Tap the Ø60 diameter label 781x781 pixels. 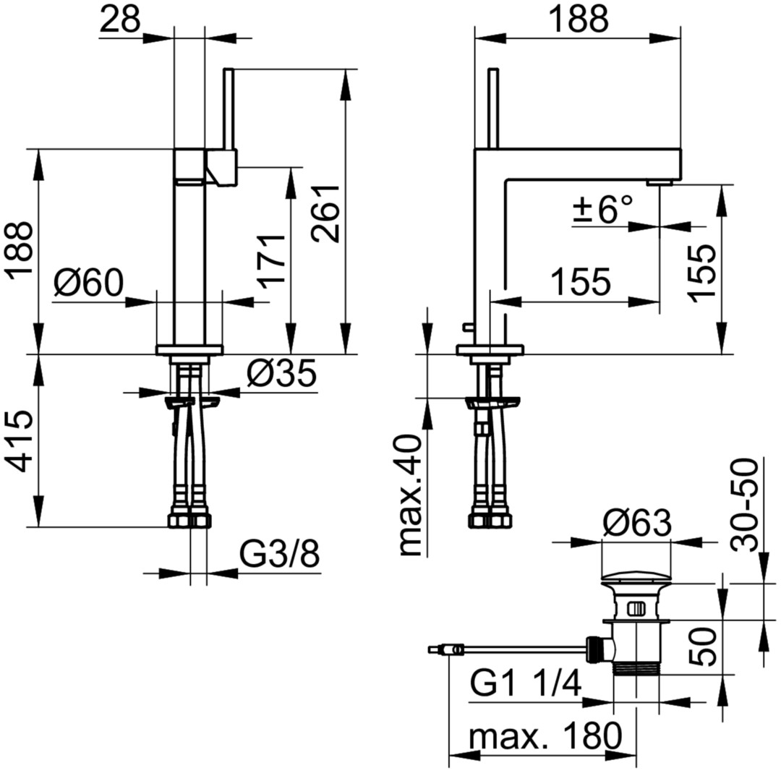(89, 283)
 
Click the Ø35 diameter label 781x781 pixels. (281, 373)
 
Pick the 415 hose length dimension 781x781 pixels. (21, 441)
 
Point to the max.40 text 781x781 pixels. (411, 495)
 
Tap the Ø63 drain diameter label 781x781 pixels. (637, 523)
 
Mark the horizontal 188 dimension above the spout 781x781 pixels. (580, 20)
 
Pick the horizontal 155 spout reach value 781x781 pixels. (581, 281)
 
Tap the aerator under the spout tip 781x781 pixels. (660, 183)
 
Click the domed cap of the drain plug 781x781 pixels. (637, 577)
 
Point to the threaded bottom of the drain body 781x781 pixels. (637, 668)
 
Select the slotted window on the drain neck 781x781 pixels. (637, 609)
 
